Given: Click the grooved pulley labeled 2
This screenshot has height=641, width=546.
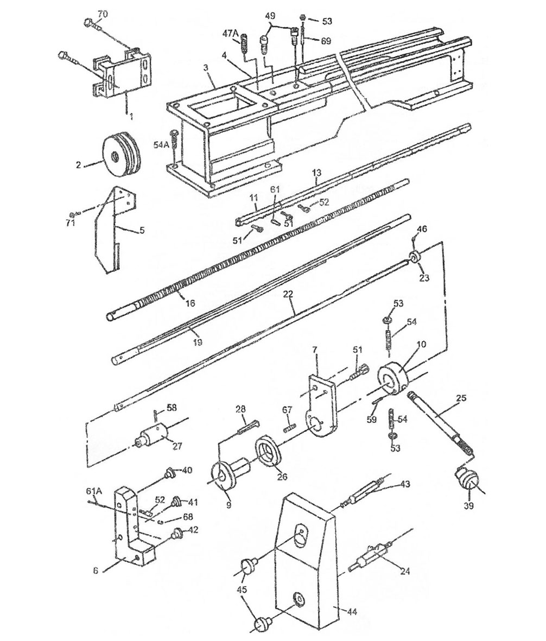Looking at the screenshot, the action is point(122,153).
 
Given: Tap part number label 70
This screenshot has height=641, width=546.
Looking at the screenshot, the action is point(102,14).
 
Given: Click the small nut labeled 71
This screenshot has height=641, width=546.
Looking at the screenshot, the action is point(72,214).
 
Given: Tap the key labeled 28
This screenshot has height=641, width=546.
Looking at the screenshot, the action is point(247,425).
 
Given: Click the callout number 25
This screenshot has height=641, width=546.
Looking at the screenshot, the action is point(460,397).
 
